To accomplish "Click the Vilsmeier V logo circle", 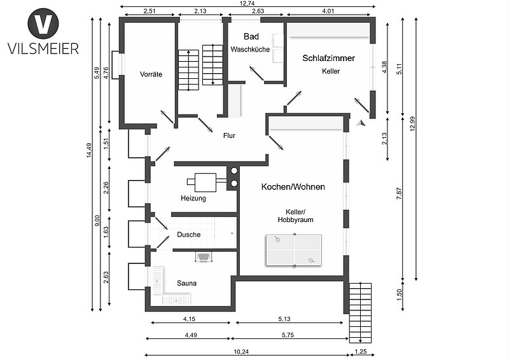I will tap(43, 24).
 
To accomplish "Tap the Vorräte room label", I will tap(151, 74).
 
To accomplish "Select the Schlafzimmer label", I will tap(328, 58).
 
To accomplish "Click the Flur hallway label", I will tap(230, 135).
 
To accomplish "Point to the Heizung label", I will tap(193, 198).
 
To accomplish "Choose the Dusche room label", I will tap(189, 235).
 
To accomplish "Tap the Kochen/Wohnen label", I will tap(293, 187).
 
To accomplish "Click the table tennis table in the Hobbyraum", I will tap(294, 249).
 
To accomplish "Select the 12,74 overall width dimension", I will tap(248, 3).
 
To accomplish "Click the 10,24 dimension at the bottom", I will tap(241, 352).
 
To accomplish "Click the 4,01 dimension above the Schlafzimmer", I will tap(328, 11).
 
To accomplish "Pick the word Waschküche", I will tap(250, 49).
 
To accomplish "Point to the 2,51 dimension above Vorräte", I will tap(150, 11).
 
